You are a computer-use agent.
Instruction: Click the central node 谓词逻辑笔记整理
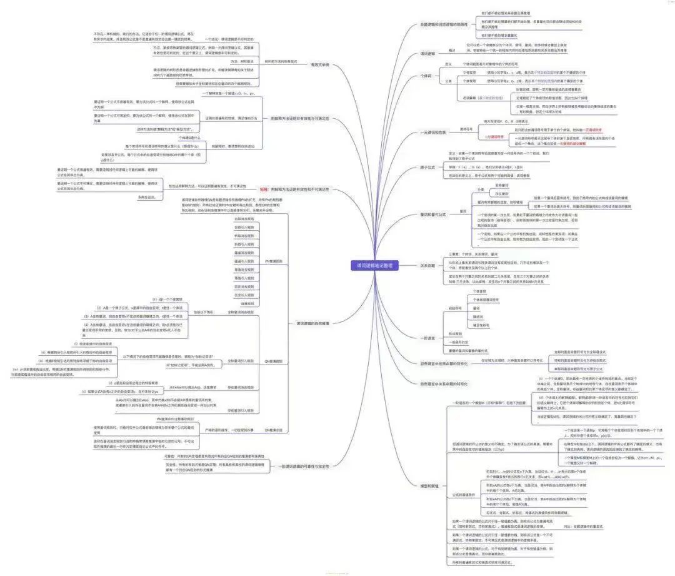375,265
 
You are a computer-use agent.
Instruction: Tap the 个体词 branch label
426,76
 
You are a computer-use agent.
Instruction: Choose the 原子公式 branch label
427,167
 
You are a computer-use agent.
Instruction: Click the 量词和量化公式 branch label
433,215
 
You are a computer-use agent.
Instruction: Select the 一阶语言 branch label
427,338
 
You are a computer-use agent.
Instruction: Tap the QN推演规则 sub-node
273,361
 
